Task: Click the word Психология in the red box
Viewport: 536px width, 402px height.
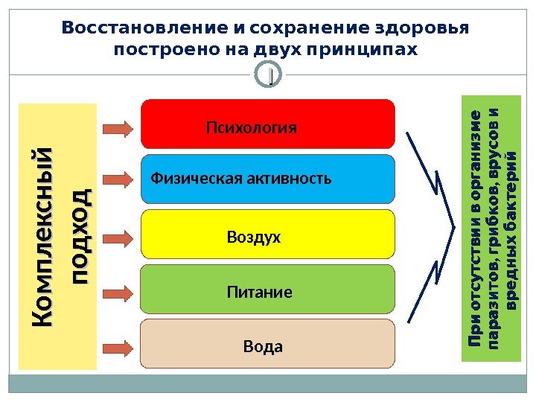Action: point(251,128)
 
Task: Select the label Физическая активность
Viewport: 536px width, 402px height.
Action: point(241,179)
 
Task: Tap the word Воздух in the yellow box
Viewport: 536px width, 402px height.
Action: point(254,237)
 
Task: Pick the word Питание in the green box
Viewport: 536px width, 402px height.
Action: point(259,293)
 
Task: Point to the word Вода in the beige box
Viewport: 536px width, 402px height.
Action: point(264,348)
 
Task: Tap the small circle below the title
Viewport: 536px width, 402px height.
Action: point(269,75)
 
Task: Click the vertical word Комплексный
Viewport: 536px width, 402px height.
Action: point(43,236)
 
